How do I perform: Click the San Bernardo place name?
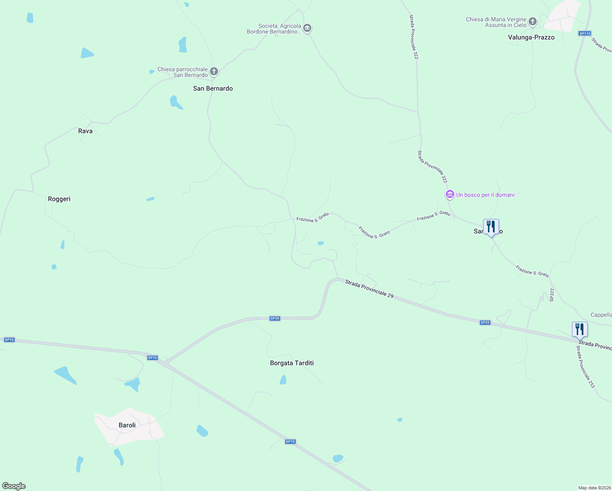click(x=213, y=88)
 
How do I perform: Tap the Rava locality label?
click(x=85, y=131)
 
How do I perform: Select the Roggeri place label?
click(x=59, y=199)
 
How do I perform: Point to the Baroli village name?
click(x=127, y=425)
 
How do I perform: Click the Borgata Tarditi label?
click(x=292, y=363)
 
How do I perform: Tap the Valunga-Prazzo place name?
click(x=531, y=37)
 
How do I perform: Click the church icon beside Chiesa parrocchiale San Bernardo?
click(x=214, y=72)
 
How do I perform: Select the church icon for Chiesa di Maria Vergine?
click(x=532, y=22)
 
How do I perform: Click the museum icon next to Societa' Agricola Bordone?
click(x=307, y=28)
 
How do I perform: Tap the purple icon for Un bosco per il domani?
click(x=450, y=195)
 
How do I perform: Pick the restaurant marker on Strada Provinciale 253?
click(x=580, y=329)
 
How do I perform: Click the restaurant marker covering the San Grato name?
click(x=491, y=227)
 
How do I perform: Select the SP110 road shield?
click(x=585, y=34)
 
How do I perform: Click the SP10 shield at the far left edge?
click(x=9, y=340)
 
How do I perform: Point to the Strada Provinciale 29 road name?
click(x=369, y=289)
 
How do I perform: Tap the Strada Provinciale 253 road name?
click(x=585, y=367)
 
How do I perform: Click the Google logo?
click(x=14, y=486)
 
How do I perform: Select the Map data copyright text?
click(x=594, y=488)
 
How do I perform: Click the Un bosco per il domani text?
click(x=485, y=195)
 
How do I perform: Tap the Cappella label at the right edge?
click(x=601, y=315)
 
